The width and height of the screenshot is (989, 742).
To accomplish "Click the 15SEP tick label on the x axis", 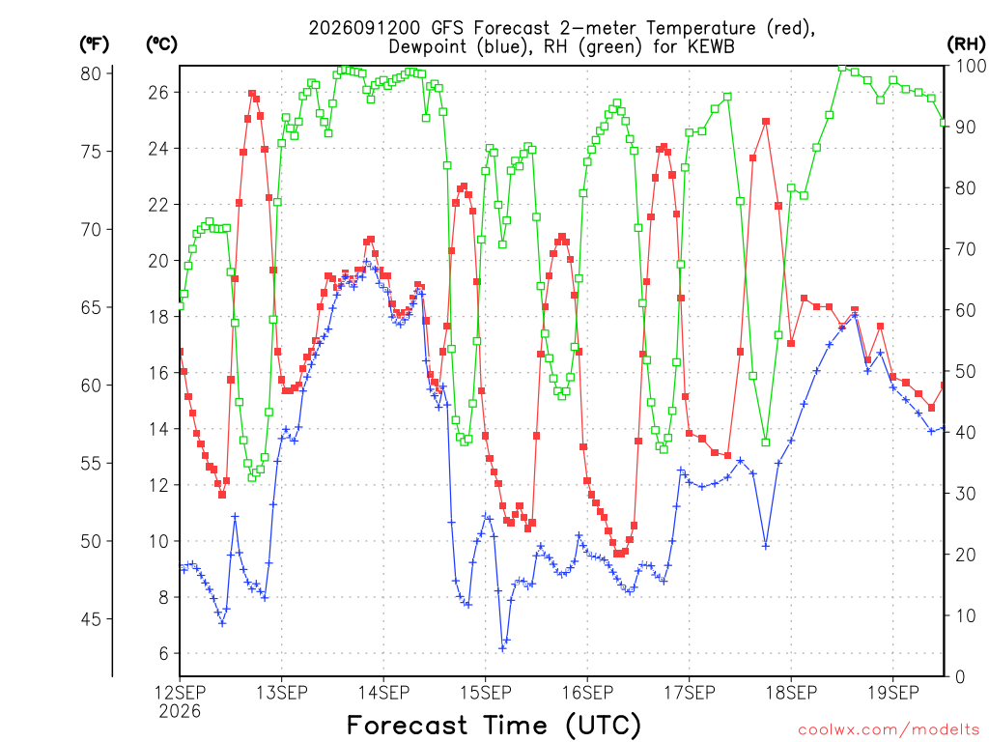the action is coord(485,693).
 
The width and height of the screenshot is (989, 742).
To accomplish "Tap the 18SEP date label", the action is coord(791,693).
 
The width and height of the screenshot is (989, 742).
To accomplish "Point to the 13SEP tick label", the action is coord(281,693).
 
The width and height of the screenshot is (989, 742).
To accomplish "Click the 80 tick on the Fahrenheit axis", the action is coord(91,73).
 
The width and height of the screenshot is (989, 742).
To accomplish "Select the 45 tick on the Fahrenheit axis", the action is coord(91,619).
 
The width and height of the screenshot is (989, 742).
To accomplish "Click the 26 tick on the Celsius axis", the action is coord(158,93).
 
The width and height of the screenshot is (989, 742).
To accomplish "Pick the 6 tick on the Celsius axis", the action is coord(163,654).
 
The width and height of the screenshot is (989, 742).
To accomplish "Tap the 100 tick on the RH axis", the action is coord(972,66).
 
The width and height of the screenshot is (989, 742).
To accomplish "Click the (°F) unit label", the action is coord(94,44).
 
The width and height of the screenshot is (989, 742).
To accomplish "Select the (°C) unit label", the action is coord(161,44).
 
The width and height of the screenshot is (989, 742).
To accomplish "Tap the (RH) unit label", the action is coord(966,44).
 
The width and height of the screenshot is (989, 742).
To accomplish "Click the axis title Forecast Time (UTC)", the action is coord(494,725).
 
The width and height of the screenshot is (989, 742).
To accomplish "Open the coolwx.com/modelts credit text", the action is coord(889,730).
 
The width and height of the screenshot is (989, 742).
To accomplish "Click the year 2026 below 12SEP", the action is coord(180,711).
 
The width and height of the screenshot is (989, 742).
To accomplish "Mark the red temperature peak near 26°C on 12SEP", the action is coord(252,94).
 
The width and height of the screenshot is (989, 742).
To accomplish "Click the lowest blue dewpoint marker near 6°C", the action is coord(502,648).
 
